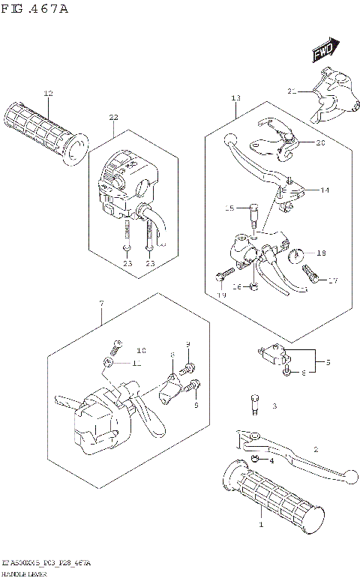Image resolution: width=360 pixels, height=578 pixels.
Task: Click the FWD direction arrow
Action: coord(323,51)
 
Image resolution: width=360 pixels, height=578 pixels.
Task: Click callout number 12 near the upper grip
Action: coord(48,94)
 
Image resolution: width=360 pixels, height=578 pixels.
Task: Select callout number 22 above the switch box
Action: coord(113,118)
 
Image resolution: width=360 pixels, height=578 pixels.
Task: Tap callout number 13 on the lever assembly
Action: coord(235,98)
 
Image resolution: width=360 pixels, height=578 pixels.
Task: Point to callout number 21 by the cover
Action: coord(292,91)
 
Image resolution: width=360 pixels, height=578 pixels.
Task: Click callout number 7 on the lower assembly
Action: coord(100,303)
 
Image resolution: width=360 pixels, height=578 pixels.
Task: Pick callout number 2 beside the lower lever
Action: coord(316,450)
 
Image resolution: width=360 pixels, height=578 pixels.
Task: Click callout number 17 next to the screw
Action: coord(333,281)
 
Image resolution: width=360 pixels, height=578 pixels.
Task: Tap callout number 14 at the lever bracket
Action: coord(325,190)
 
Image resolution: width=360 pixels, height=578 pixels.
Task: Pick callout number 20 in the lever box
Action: coord(320,142)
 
